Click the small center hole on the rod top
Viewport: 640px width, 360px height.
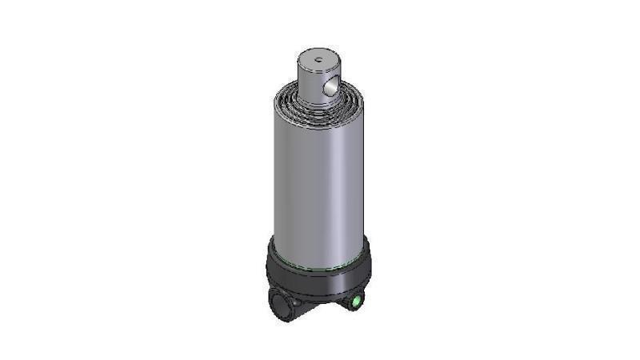pos(318,58)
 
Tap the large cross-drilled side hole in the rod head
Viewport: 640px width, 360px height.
pos(330,86)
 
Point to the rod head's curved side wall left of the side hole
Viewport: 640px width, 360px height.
pos(308,84)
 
